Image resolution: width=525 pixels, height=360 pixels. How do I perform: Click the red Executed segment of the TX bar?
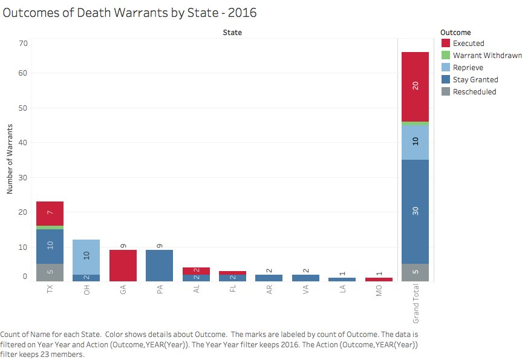click(50, 213)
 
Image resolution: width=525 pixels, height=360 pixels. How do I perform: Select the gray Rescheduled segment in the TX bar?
click(50, 272)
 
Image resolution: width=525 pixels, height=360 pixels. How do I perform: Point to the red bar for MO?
click(379, 279)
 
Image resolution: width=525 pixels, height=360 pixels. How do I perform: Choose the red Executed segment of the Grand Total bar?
click(415, 87)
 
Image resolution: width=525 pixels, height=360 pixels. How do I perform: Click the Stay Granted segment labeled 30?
click(415, 211)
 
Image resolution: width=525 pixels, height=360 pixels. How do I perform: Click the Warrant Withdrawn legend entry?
click(487, 56)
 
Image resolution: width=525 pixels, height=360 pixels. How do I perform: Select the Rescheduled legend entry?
click(474, 92)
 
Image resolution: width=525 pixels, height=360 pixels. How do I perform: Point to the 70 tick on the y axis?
click(24, 43)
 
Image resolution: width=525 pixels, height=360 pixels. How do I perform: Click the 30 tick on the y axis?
click(24, 177)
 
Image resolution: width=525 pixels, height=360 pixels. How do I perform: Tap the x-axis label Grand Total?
click(415, 304)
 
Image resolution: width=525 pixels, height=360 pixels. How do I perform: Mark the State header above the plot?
click(232, 32)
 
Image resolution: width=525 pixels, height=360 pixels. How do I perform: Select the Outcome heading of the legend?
click(455, 32)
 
